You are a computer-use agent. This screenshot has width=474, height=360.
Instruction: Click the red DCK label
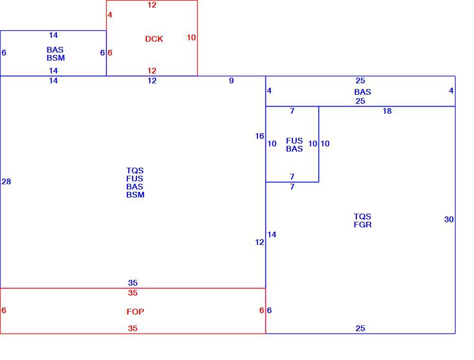154,39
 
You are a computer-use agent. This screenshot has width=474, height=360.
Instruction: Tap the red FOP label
135,312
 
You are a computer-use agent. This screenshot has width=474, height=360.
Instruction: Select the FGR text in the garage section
363,225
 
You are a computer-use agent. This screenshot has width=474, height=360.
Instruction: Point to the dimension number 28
6,181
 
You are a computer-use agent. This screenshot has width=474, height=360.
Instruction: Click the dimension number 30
449,220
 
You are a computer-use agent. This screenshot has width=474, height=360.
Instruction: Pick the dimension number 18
387,111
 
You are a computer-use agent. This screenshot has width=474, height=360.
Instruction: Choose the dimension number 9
231,81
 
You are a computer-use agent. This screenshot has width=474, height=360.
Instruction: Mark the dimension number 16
259,136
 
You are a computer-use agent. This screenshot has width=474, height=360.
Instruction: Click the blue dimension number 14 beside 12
272,234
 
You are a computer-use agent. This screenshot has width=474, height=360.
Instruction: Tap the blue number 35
133,283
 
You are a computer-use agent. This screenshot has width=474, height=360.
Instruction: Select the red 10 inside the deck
191,37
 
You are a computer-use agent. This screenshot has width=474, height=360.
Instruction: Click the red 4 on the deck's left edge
110,15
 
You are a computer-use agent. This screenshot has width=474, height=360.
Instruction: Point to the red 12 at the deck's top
152,5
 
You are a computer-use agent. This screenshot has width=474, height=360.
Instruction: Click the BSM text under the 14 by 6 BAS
55,58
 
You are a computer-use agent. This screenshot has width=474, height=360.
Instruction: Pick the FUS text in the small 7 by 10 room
294,141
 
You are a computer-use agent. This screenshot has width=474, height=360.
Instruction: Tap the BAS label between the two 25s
363,92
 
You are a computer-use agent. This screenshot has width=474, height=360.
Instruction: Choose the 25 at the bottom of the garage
360,328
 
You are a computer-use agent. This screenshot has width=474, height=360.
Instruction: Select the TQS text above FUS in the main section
135,171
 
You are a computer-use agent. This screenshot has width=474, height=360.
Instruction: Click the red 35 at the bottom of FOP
133,328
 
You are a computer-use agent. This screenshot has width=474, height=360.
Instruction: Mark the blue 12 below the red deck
152,81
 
